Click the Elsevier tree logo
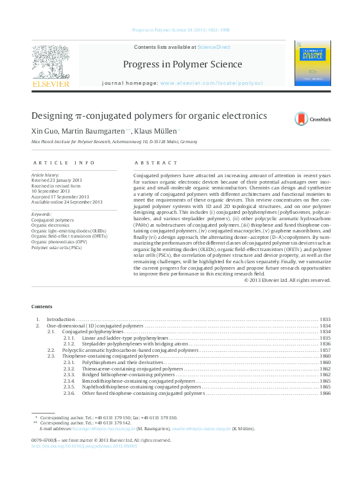tap(51, 63)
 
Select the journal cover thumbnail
tap(313, 63)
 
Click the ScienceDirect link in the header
tap(214, 48)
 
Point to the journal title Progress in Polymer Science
tap(182, 64)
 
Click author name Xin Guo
tap(44, 131)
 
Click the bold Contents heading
tap(42, 307)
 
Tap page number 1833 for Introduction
tap(325, 319)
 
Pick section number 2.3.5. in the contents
tap(69, 387)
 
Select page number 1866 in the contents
tap(325, 393)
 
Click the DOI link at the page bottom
tap(84, 445)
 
